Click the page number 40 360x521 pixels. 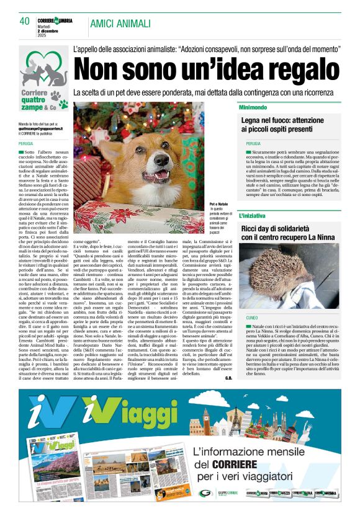tap(24, 21)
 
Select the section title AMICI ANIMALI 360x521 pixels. tap(120, 24)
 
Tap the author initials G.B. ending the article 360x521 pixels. tap(228, 377)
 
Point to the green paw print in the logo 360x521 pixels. tap(61, 97)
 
